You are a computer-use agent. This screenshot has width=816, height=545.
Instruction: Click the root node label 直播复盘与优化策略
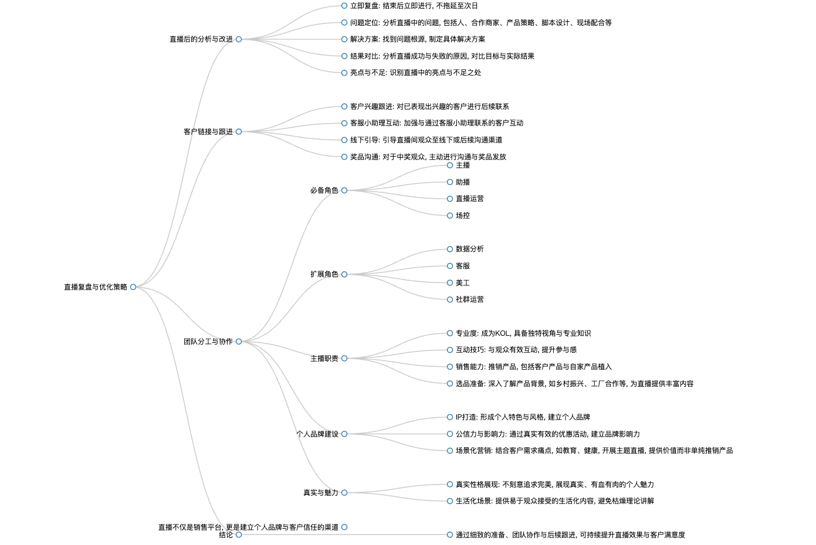[96, 287]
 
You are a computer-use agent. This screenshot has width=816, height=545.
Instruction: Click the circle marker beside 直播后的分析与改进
[239, 39]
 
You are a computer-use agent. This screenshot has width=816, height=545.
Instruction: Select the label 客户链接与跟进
[208, 132]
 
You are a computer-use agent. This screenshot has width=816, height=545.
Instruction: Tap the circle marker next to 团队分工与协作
[239, 341]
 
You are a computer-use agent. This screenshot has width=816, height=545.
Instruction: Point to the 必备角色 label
[324, 190]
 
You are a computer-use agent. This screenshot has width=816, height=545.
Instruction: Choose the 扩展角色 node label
[324, 274]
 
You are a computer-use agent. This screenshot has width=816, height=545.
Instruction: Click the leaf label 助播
[463, 182]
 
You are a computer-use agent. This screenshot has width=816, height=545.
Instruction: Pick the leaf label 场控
[463, 216]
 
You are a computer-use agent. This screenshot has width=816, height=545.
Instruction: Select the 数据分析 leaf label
[469, 249]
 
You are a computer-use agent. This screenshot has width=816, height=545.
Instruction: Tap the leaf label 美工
[463, 282]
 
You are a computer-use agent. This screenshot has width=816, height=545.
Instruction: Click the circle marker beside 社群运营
[450, 299]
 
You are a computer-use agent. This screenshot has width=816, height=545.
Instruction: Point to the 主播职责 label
[324, 359]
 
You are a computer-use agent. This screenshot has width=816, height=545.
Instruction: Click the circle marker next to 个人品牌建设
[344, 434]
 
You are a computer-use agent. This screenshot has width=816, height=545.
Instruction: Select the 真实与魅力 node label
[321, 493]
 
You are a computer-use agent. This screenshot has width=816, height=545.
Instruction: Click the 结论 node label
[226, 535]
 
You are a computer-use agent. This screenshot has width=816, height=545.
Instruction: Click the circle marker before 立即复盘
[344, 5]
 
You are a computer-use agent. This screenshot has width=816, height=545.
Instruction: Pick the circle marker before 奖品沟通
[344, 157]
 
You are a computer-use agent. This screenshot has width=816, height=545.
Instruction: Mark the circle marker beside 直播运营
[450, 199]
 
